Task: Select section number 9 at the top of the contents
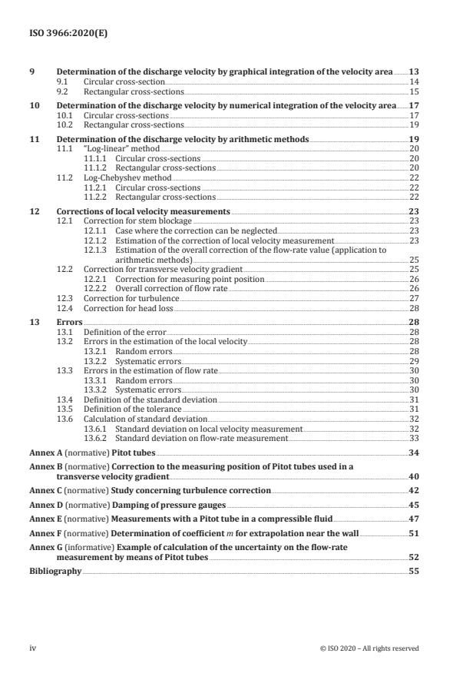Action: [31, 71]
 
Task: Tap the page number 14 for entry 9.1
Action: [414, 81]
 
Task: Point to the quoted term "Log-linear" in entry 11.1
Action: [103, 148]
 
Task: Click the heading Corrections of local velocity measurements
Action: [143, 211]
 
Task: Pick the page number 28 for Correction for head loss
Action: [414, 307]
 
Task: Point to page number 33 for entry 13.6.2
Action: [414, 438]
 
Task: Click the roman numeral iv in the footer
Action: [33, 648]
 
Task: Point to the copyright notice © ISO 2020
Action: [369, 648]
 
